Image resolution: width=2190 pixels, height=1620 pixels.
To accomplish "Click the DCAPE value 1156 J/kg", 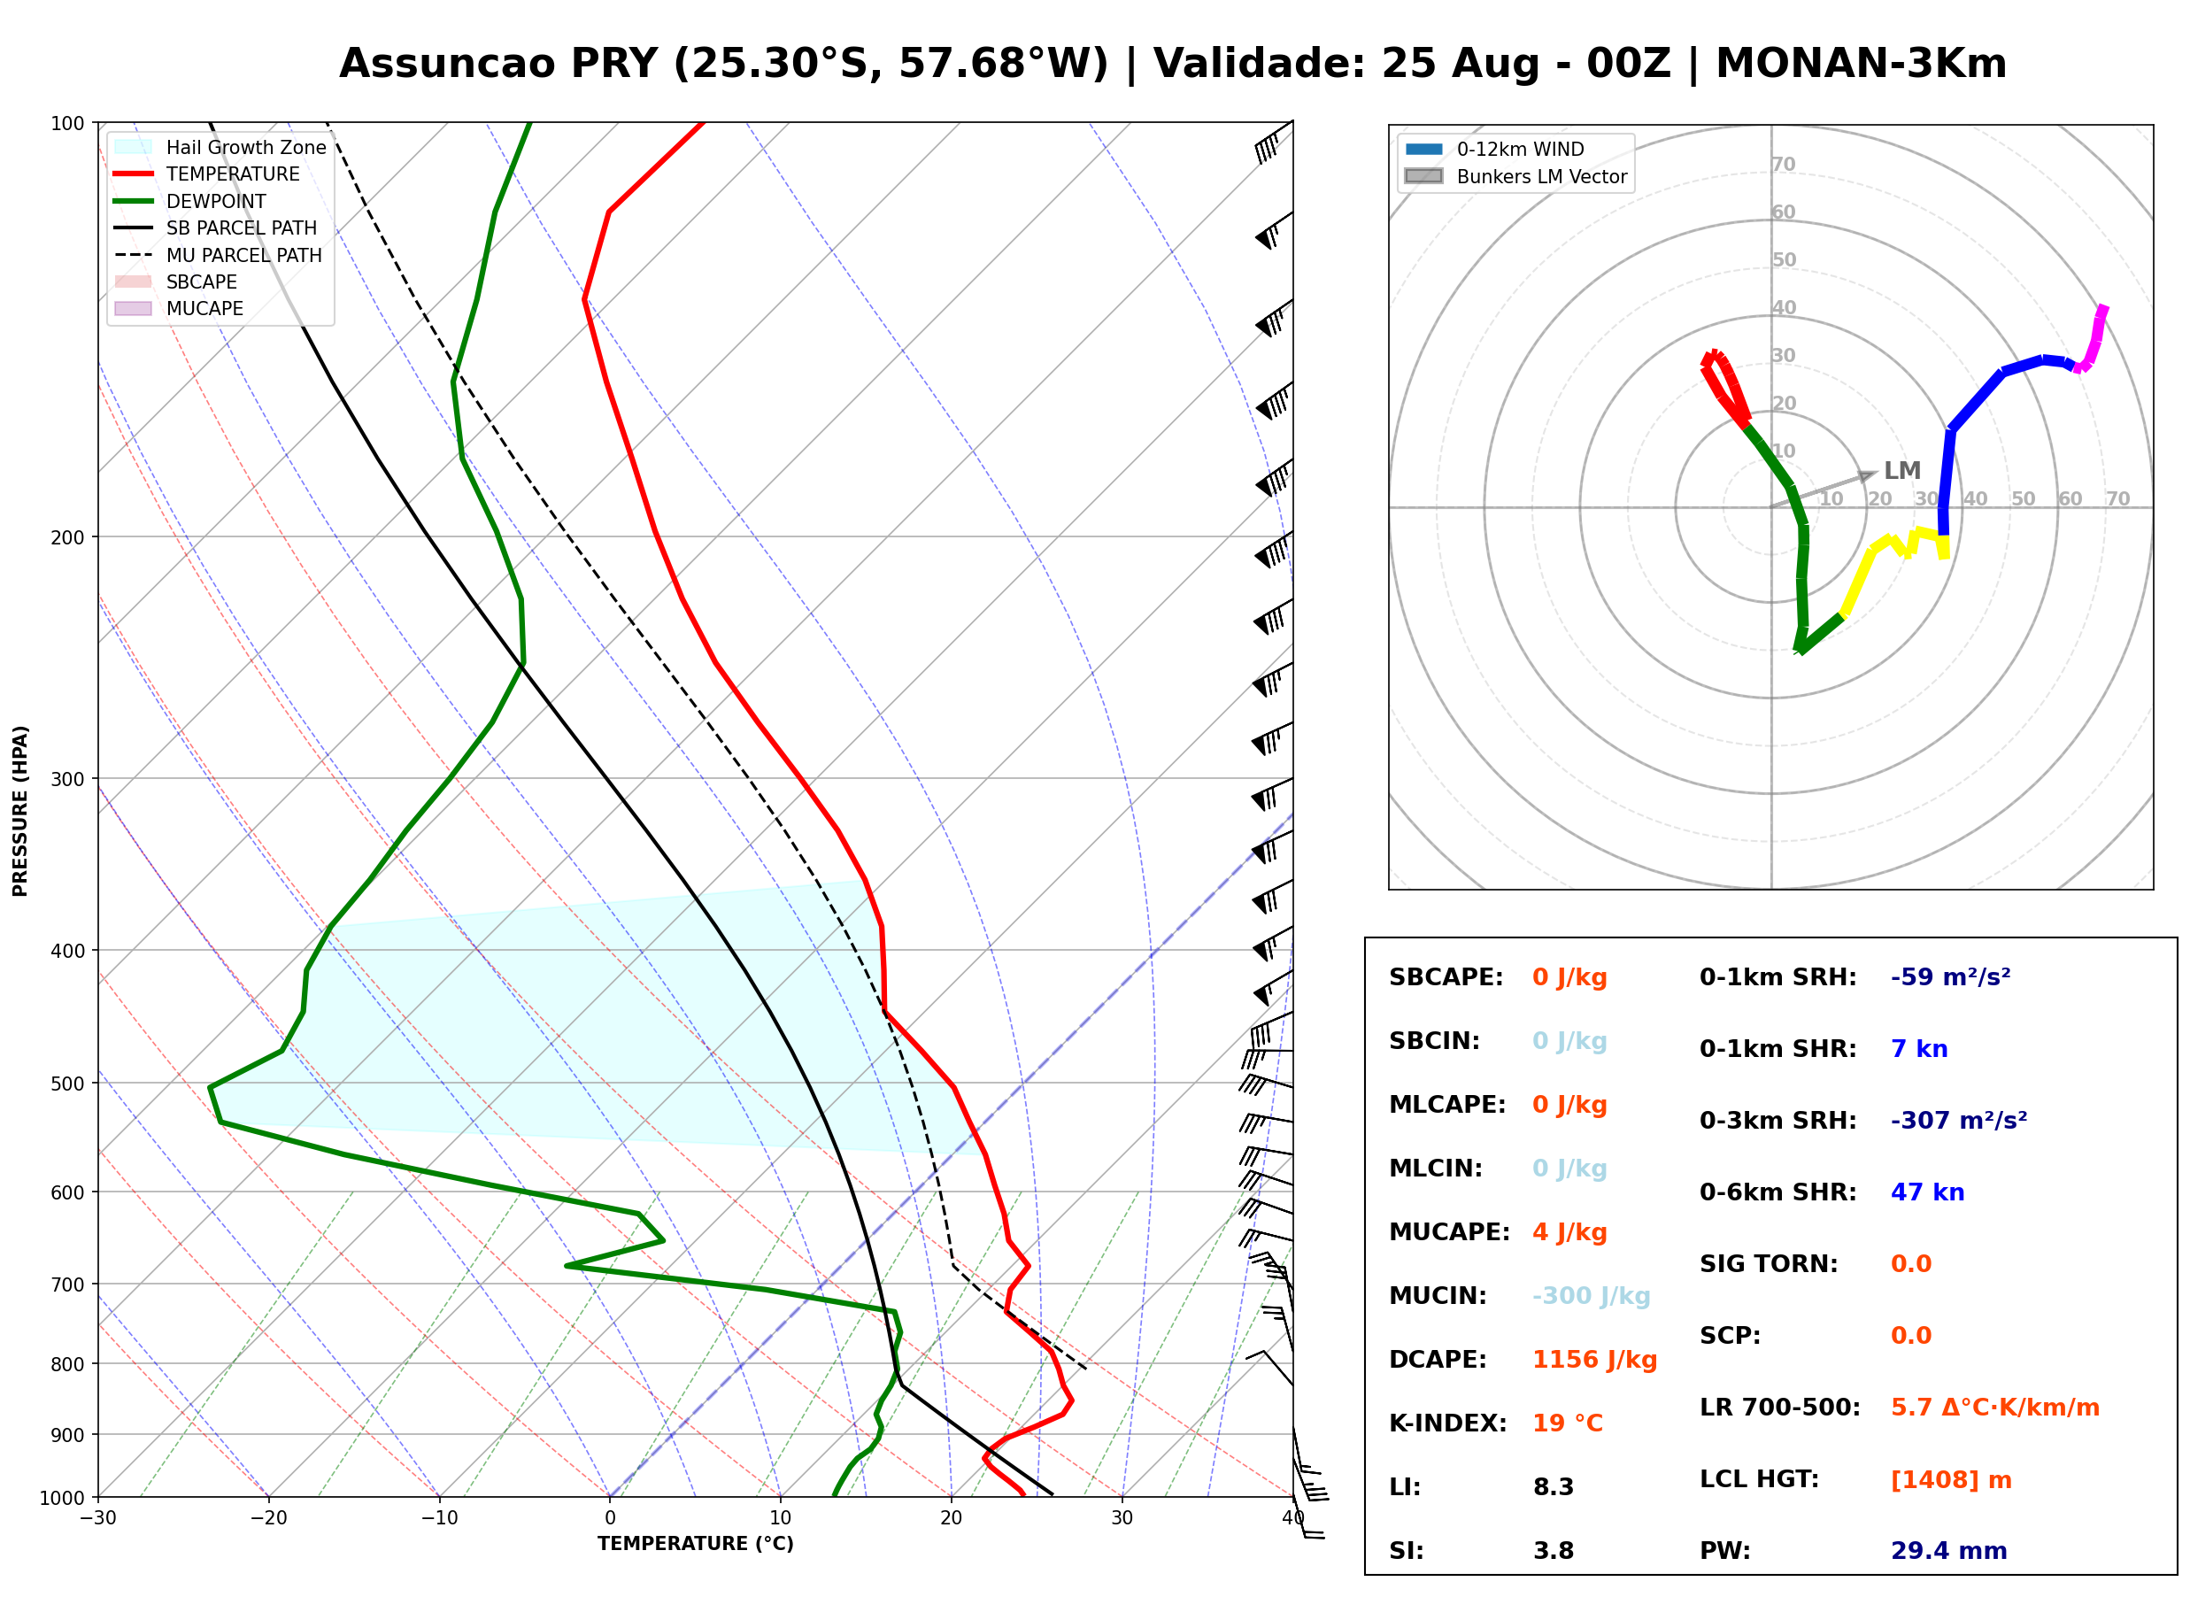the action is [x=1594, y=1359].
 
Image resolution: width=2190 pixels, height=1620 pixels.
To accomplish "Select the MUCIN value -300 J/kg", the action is [x=1591, y=1295].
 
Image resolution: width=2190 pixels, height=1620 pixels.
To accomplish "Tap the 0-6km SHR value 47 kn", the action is [x=1927, y=1192].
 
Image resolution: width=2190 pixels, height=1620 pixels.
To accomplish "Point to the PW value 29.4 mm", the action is [x=1949, y=1550].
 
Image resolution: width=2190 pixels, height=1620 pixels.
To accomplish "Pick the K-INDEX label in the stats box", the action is [x=1448, y=1423].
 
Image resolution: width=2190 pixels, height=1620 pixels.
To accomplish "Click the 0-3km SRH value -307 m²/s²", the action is [x=1959, y=1120].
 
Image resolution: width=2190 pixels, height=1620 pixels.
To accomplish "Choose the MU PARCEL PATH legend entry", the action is [x=218, y=255].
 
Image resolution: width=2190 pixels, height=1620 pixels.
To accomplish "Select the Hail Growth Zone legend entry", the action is [x=220, y=147].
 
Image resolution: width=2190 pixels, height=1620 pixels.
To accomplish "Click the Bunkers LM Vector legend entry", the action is [x=1515, y=176].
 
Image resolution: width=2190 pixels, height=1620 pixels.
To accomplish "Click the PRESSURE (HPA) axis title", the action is [x=20, y=811].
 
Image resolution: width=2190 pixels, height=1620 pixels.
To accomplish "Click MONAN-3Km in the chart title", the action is [x=1861, y=64].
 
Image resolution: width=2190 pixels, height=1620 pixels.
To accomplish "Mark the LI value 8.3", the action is [x=1554, y=1486].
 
